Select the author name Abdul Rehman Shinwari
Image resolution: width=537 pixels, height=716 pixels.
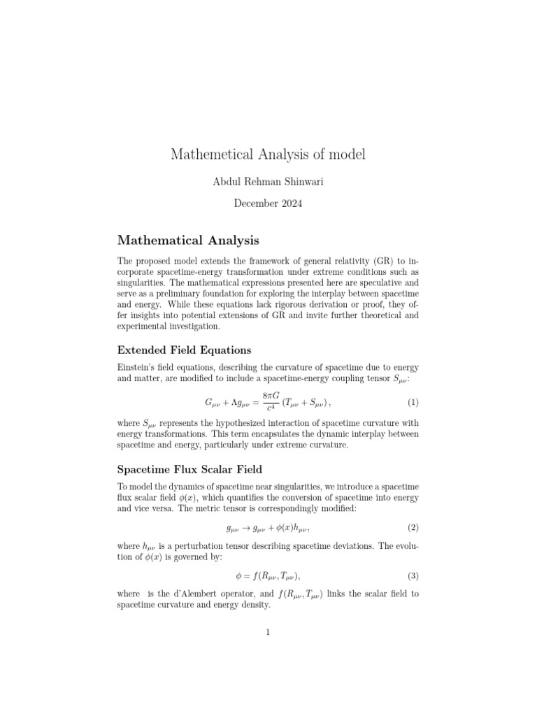(x=268, y=181)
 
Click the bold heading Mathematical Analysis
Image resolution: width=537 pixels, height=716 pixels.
(x=188, y=241)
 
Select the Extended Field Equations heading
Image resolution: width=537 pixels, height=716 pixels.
(x=184, y=350)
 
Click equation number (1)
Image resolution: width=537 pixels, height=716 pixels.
(x=413, y=403)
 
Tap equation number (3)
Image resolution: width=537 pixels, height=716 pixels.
(x=413, y=576)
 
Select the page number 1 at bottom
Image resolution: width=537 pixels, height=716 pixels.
(x=268, y=633)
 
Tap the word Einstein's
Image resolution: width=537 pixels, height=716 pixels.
(x=138, y=367)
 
